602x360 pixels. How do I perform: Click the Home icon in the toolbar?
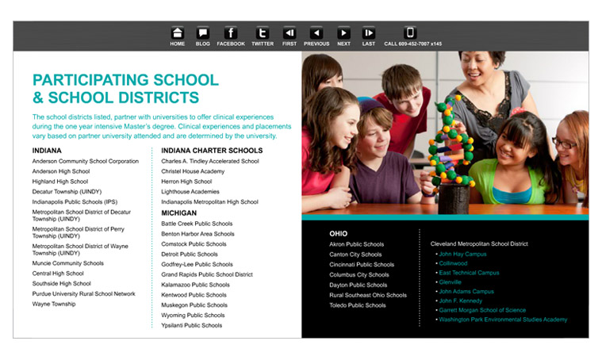pos(178,33)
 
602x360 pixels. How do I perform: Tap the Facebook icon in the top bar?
pos(231,33)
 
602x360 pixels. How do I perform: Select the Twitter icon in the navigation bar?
pos(262,33)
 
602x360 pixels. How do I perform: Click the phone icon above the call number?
pos(410,33)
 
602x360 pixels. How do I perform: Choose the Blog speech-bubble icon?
pos(203,33)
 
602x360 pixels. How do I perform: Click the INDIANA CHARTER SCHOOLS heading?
pos(212,150)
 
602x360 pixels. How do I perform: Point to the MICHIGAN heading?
pos(179,213)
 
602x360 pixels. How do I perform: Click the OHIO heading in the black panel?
pos(339,234)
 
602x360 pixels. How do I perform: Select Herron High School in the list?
pos(186,182)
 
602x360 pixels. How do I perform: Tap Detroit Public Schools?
pos(190,255)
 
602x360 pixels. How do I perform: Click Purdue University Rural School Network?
pos(84,293)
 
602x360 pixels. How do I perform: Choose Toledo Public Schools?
pos(358,305)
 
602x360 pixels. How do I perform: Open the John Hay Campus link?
pos(463,255)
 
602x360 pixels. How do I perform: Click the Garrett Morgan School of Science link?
pos(482,310)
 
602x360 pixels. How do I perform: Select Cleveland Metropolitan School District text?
pos(479,243)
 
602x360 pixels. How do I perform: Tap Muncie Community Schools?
pos(68,263)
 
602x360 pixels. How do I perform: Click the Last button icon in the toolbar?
pos(369,33)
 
